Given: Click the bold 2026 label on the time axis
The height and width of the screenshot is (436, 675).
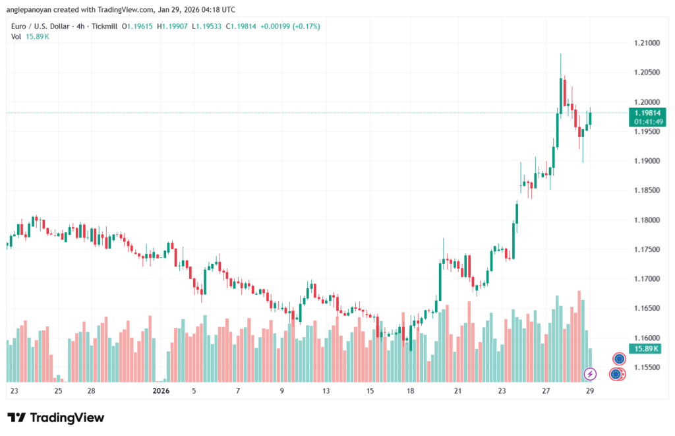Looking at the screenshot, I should (x=161, y=390).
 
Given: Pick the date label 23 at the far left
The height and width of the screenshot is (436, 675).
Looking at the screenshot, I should (x=15, y=390).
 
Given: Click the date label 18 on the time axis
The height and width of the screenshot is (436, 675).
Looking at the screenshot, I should (x=411, y=390).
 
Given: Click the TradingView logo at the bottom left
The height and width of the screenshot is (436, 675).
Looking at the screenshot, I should (x=55, y=418).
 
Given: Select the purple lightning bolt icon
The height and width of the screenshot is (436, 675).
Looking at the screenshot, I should (x=591, y=374).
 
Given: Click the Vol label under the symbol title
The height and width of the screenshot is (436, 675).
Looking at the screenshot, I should (x=16, y=36).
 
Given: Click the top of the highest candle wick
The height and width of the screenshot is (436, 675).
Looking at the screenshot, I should (x=561, y=54).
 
